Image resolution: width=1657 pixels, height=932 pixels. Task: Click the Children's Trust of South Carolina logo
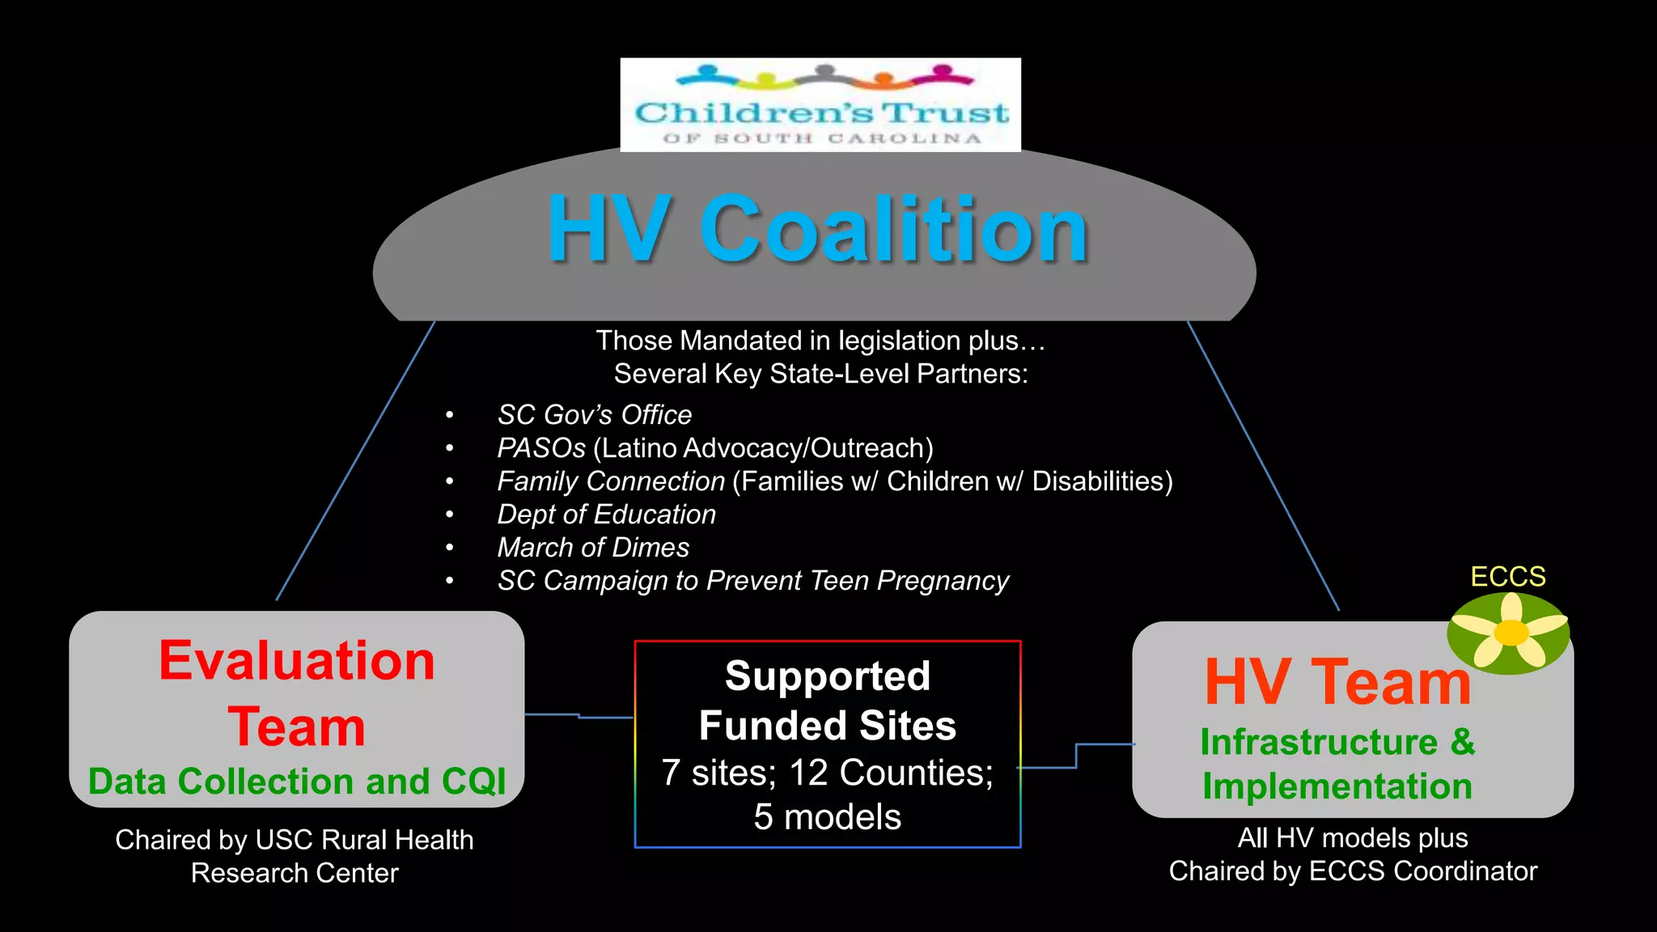[820, 105]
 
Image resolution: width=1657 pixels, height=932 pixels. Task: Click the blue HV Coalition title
[817, 230]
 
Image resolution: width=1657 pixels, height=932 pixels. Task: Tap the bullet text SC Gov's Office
[595, 415]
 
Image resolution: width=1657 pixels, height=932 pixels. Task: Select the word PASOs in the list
[541, 448]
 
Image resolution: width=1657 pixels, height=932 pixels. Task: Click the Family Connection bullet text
[611, 481]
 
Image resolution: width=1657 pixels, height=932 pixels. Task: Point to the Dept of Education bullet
[607, 515]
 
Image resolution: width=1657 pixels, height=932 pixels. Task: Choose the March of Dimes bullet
[593, 548]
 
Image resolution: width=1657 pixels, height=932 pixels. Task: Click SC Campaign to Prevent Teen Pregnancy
[753, 581]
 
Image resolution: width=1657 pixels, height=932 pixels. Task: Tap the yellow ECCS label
[1508, 577]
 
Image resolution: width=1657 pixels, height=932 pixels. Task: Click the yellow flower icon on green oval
[1509, 633]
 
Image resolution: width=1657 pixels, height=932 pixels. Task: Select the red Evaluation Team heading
[297, 693]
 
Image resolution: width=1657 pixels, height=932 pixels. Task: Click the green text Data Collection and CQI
[297, 782]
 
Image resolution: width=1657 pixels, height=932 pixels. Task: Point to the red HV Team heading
[1337, 682]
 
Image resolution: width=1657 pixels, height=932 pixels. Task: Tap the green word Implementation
[1337, 786]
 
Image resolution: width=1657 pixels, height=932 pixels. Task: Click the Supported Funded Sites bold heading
[828, 701]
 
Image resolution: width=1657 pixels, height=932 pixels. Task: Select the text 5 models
[828, 817]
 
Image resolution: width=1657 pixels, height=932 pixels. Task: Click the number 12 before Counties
[808, 773]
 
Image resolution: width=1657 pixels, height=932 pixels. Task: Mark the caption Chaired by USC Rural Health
[295, 840]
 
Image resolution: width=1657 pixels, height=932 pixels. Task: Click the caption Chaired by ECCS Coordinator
[1353, 871]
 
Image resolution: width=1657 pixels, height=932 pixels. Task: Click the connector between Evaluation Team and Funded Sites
[579, 716]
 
